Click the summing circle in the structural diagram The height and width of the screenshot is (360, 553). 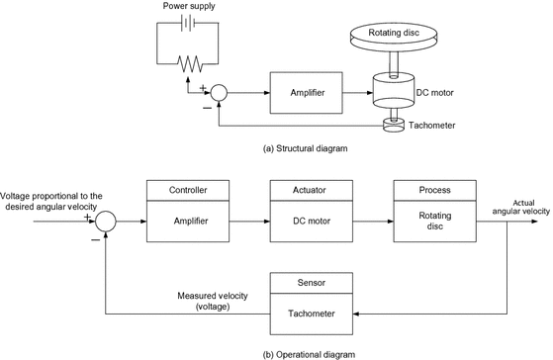coord(220,93)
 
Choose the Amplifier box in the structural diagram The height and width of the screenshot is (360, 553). coord(304,93)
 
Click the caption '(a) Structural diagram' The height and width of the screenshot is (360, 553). coord(307,149)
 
